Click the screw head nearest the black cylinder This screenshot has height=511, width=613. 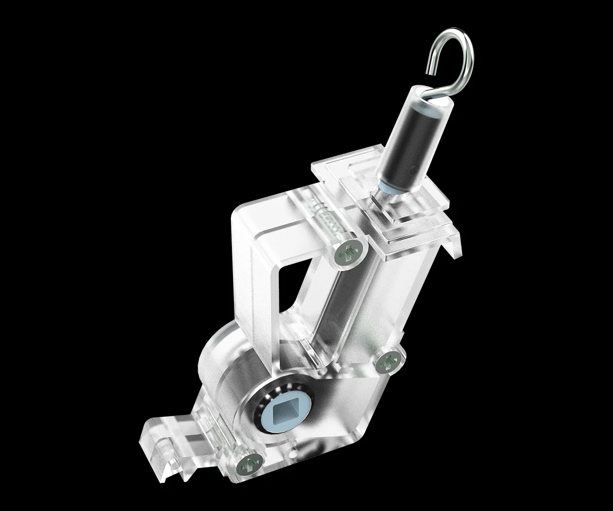[x=350, y=252]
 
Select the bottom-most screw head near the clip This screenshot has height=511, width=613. [x=248, y=464]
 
